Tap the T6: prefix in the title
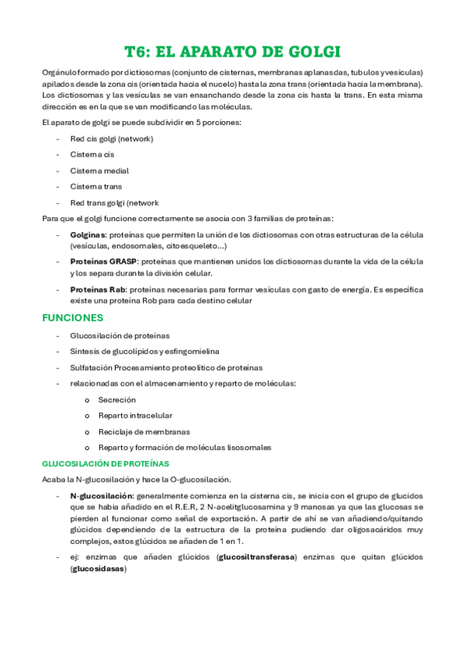(x=141, y=52)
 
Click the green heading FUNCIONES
(x=72, y=317)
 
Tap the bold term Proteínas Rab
(x=97, y=289)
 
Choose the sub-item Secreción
(x=116, y=400)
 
